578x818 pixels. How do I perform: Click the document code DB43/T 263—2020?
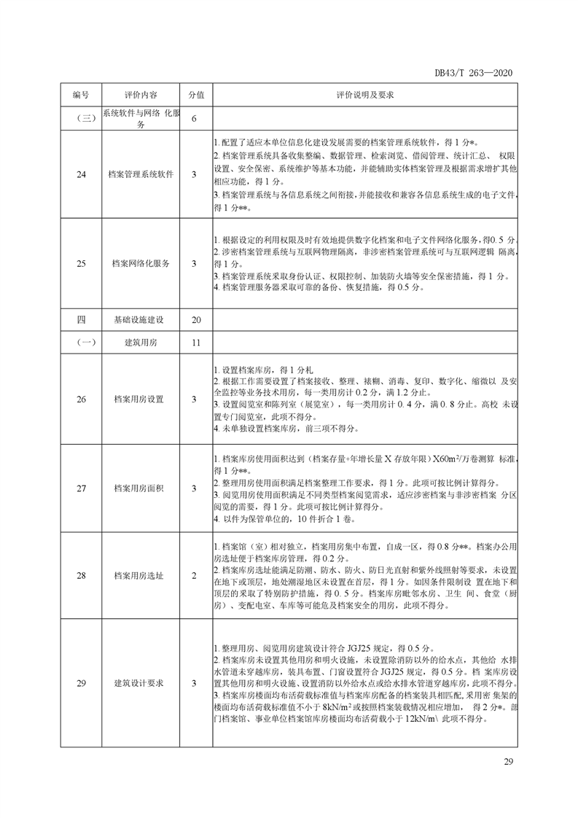pos(474,73)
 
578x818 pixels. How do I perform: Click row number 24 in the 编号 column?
pos(80,174)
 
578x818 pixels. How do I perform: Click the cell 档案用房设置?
pos(139,399)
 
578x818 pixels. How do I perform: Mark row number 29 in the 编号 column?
pos(80,683)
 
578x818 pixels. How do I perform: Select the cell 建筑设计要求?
pos(139,683)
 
